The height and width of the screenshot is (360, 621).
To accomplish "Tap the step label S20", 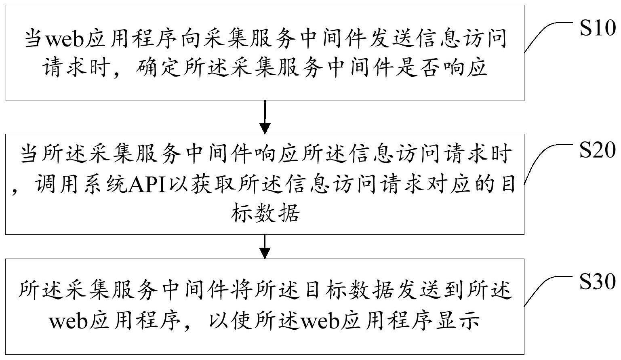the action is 598,150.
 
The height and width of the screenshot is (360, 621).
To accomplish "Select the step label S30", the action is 598,282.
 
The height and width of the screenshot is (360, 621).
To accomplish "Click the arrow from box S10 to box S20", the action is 265,117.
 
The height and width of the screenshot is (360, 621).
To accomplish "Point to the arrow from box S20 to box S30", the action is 265,246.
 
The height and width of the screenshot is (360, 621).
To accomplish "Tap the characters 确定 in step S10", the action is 157,67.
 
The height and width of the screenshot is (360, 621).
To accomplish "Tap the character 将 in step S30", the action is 242,290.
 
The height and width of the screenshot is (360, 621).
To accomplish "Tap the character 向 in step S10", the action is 192,39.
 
